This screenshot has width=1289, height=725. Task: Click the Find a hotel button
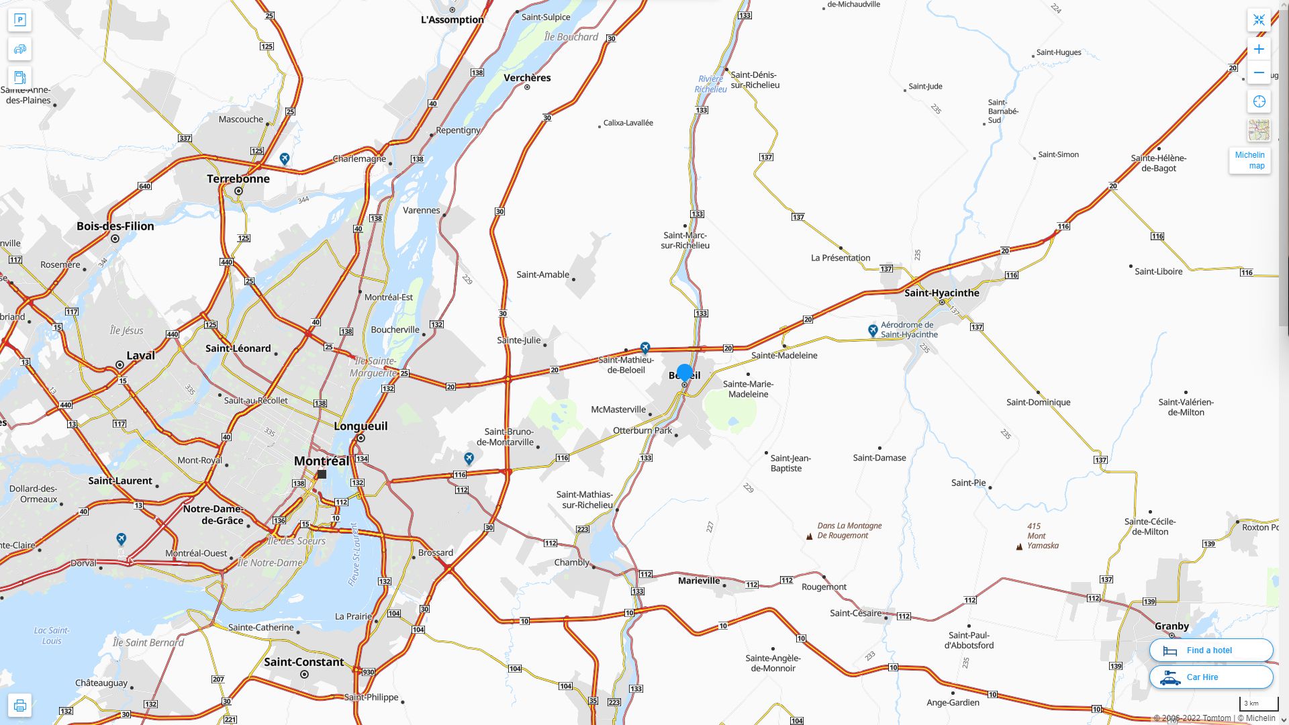[1210, 650]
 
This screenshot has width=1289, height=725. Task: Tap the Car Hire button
[1210, 677]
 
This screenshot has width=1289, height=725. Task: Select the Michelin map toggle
[1249, 160]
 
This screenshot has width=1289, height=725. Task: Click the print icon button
[19, 706]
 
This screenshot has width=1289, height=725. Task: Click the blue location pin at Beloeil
[685, 373]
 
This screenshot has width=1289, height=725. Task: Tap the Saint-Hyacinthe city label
[941, 293]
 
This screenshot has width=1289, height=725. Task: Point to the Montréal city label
[322, 461]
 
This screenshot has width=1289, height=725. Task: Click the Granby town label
[1172, 626]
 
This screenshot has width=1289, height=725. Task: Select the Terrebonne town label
[238, 179]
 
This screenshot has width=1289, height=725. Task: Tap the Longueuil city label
[361, 426]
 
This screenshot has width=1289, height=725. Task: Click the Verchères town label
[527, 78]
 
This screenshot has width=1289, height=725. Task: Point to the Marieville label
[699, 581]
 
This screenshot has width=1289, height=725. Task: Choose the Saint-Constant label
[303, 662]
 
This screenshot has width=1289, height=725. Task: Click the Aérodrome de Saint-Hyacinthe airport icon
[873, 330]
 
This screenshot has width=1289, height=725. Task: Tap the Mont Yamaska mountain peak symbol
[1019, 546]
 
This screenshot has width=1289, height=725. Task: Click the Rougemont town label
[824, 587]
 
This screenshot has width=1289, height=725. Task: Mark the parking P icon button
[19, 20]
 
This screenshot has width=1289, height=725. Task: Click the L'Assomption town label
[452, 19]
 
